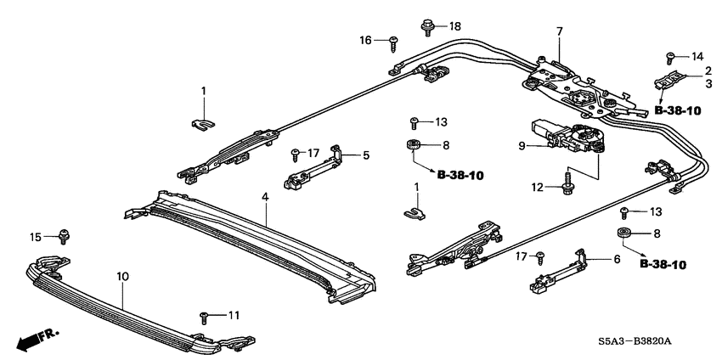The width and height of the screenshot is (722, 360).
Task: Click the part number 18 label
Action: [x=455, y=26]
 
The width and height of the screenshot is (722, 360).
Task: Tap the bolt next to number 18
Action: [x=427, y=26]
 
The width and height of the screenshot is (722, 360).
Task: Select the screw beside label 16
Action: [x=394, y=40]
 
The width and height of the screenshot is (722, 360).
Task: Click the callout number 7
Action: [x=559, y=32]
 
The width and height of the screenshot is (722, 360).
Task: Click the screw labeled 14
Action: [x=670, y=57]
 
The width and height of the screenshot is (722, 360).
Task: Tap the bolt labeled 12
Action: [x=566, y=183]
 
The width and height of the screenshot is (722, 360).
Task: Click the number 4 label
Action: [x=264, y=197]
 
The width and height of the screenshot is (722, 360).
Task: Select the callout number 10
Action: [x=122, y=276]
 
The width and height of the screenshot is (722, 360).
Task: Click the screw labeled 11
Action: [x=205, y=317]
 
